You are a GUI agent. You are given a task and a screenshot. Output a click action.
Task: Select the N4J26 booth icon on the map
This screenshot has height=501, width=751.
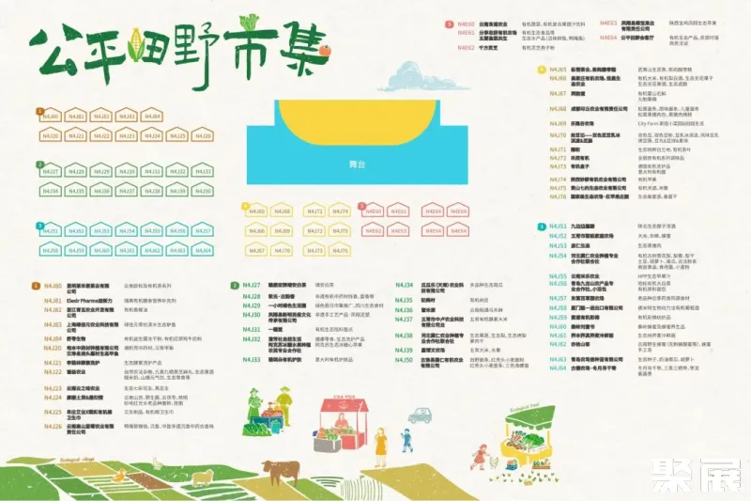pyautogui.click(x=203, y=135)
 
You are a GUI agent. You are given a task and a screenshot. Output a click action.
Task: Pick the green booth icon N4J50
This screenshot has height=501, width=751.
pyautogui.click(x=203, y=191)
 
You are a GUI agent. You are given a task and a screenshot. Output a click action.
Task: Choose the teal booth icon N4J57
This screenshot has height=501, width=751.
pyautogui.click(x=203, y=230)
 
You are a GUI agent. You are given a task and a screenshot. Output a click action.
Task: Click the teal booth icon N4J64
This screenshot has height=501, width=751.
pyautogui.click(x=203, y=250)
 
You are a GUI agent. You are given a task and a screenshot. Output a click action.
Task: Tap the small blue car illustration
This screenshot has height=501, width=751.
pyautogui.click(x=421, y=411)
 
